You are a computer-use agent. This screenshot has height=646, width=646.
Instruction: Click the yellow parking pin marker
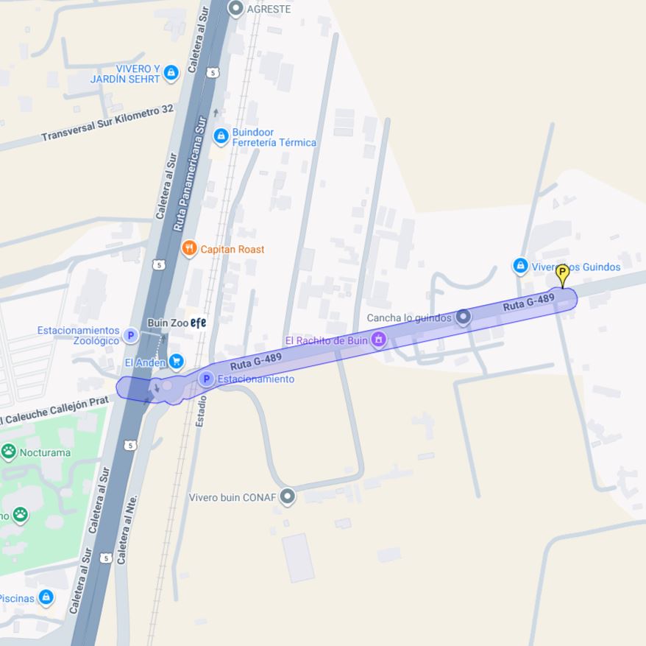pos(562,274)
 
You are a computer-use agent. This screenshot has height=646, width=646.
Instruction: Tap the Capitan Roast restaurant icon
pos(189,249)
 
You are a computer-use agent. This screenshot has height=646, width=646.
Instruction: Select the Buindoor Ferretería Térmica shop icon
pos(221,136)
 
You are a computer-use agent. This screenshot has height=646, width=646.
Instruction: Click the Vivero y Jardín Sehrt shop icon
pos(171,72)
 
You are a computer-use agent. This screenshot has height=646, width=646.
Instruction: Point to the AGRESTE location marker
pos(235,9)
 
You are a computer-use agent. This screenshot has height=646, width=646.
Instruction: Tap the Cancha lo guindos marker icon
pos(463,317)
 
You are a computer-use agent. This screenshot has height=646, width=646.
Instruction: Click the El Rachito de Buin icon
pos(378,340)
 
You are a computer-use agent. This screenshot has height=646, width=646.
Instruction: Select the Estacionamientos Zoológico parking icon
pos(130,335)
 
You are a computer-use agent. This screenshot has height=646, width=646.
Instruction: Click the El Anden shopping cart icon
pos(176,362)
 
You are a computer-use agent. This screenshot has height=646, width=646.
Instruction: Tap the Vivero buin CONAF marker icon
pos(288,496)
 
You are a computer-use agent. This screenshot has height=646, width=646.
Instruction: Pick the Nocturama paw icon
pos(9,452)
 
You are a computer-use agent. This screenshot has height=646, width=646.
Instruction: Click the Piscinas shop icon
pos(46,597)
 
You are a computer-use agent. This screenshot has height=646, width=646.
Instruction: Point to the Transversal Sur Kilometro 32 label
pos(107,122)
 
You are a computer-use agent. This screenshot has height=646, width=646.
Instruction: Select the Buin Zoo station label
pos(168,323)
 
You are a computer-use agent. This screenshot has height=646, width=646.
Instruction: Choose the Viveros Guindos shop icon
pos(520,265)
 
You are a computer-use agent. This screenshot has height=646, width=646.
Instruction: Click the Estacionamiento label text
pos(255,379)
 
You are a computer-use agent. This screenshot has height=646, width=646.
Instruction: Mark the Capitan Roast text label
pos(233,249)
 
